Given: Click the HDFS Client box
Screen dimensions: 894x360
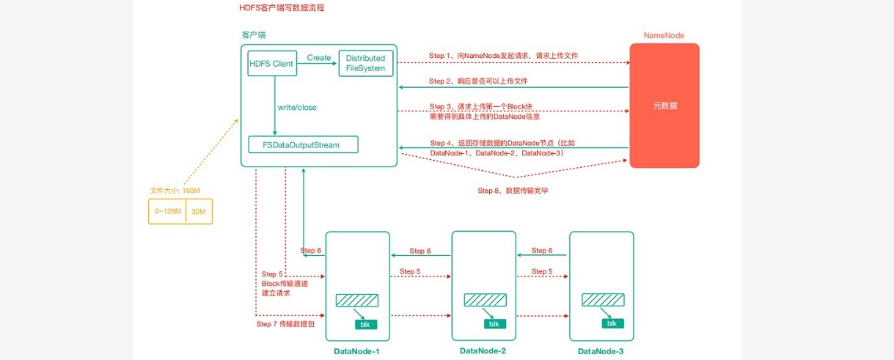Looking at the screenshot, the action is point(272,63).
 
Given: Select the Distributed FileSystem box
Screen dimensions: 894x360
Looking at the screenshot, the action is point(365,63).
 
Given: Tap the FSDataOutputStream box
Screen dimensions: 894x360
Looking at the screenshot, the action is point(304,144).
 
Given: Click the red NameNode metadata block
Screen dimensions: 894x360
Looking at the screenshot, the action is point(664,106).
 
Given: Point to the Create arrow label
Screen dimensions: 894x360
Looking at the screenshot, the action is point(319,57).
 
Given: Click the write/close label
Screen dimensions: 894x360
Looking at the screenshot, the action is point(297,107).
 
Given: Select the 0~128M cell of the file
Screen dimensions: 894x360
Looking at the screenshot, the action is point(168,211).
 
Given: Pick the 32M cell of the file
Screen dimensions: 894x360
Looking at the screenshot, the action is point(199,211).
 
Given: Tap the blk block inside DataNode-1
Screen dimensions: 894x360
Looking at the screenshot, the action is point(365,325).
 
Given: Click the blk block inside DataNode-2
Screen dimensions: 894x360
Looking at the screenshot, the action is point(495,323).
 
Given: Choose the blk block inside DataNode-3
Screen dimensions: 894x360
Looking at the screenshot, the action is point(612,323).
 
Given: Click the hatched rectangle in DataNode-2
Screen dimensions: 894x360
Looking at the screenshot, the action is point(486,300).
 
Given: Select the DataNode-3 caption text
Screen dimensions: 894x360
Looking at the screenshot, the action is point(601,351).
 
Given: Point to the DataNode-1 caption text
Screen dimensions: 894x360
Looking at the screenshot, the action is point(357,351).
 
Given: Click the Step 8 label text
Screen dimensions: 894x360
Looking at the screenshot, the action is point(513,191).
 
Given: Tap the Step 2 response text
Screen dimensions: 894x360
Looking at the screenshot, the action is point(478,81).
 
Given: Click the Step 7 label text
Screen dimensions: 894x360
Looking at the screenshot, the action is point(285,324).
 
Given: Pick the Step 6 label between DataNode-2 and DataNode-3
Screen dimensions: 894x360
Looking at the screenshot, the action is point(542,250).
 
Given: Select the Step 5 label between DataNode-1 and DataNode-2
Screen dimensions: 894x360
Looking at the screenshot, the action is point(410,271).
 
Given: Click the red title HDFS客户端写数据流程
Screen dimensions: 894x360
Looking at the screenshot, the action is point(282,7).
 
